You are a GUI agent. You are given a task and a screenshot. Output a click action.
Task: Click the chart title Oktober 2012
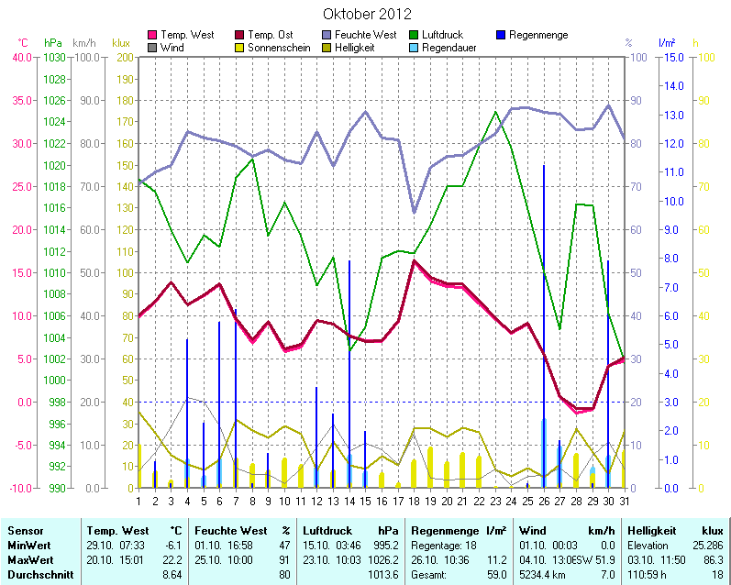367,14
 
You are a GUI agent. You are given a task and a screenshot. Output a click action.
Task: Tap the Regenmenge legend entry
537,35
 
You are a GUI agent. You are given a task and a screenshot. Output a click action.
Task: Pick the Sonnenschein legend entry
280,47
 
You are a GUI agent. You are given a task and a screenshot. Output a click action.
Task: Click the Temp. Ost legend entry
280,35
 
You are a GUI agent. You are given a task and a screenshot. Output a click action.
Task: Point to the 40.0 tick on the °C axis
20,57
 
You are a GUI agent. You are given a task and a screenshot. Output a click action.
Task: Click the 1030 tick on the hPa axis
54,57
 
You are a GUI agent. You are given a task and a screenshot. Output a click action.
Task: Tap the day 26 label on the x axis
544,500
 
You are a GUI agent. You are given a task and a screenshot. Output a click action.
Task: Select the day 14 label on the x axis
349,500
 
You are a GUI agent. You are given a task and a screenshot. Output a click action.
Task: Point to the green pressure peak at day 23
495,112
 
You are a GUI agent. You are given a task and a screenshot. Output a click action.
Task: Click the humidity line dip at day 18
415,212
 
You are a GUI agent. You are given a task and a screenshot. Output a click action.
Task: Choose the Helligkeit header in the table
652,531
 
